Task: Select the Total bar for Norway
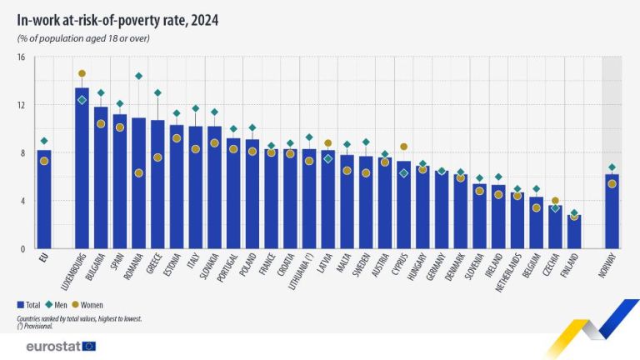click(612, 212)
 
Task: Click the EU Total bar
click(44, 200)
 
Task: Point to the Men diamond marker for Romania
click(138, 77)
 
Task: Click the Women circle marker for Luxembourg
click(82, 73)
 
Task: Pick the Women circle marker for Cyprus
click(404, 147)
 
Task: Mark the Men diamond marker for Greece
click(157, 92)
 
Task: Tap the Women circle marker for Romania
click(138, 172)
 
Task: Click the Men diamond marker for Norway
click(612, 167)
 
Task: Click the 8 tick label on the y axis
click(22, 153)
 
